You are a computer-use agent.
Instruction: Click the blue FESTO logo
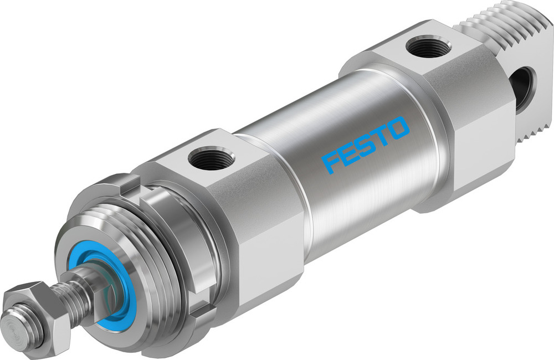[x=366, y=144]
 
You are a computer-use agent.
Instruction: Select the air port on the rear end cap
[x=428, y=47]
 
